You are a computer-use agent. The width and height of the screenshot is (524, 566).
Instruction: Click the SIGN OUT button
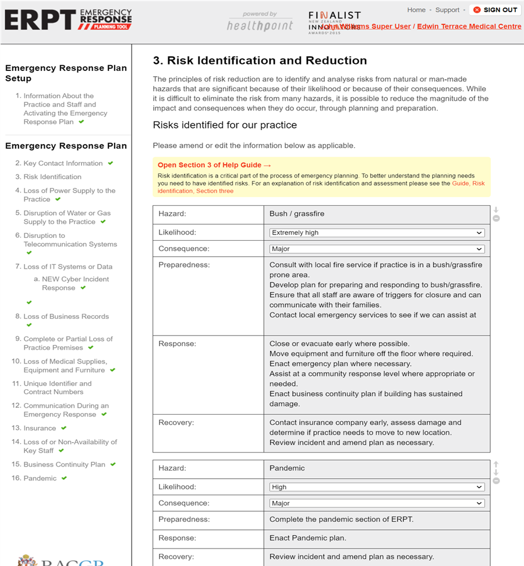(495, 10)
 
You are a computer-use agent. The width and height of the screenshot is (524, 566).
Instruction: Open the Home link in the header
(416, 10)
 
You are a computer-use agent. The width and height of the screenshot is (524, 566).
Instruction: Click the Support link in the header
(447, 10)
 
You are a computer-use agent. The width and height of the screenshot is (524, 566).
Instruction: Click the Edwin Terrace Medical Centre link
(469, 26)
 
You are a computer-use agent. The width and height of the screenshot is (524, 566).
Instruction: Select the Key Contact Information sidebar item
(63, 163)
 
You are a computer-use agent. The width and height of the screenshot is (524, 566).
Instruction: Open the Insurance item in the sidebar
(40, 428)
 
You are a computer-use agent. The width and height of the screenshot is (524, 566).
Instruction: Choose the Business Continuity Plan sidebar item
(64, 464)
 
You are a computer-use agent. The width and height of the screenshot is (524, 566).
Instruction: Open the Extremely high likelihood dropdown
(377, 233)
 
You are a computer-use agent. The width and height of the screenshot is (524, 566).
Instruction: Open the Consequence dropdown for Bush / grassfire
(377, 249)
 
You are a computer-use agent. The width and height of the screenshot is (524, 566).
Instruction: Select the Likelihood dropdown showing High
(377, 487)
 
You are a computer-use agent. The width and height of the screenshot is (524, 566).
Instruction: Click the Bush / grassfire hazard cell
(376, 214)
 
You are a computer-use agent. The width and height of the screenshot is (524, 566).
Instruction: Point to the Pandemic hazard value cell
(376, 468)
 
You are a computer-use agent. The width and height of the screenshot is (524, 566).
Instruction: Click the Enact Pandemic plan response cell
(376, 538)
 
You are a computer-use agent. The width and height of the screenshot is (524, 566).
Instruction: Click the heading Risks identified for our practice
(225, 125)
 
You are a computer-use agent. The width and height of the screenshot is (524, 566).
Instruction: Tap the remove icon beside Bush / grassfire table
(496, 219)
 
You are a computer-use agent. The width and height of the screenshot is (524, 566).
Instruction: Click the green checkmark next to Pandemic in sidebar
(64, 478)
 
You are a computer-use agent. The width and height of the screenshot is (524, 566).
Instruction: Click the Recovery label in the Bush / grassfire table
(176, 422)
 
